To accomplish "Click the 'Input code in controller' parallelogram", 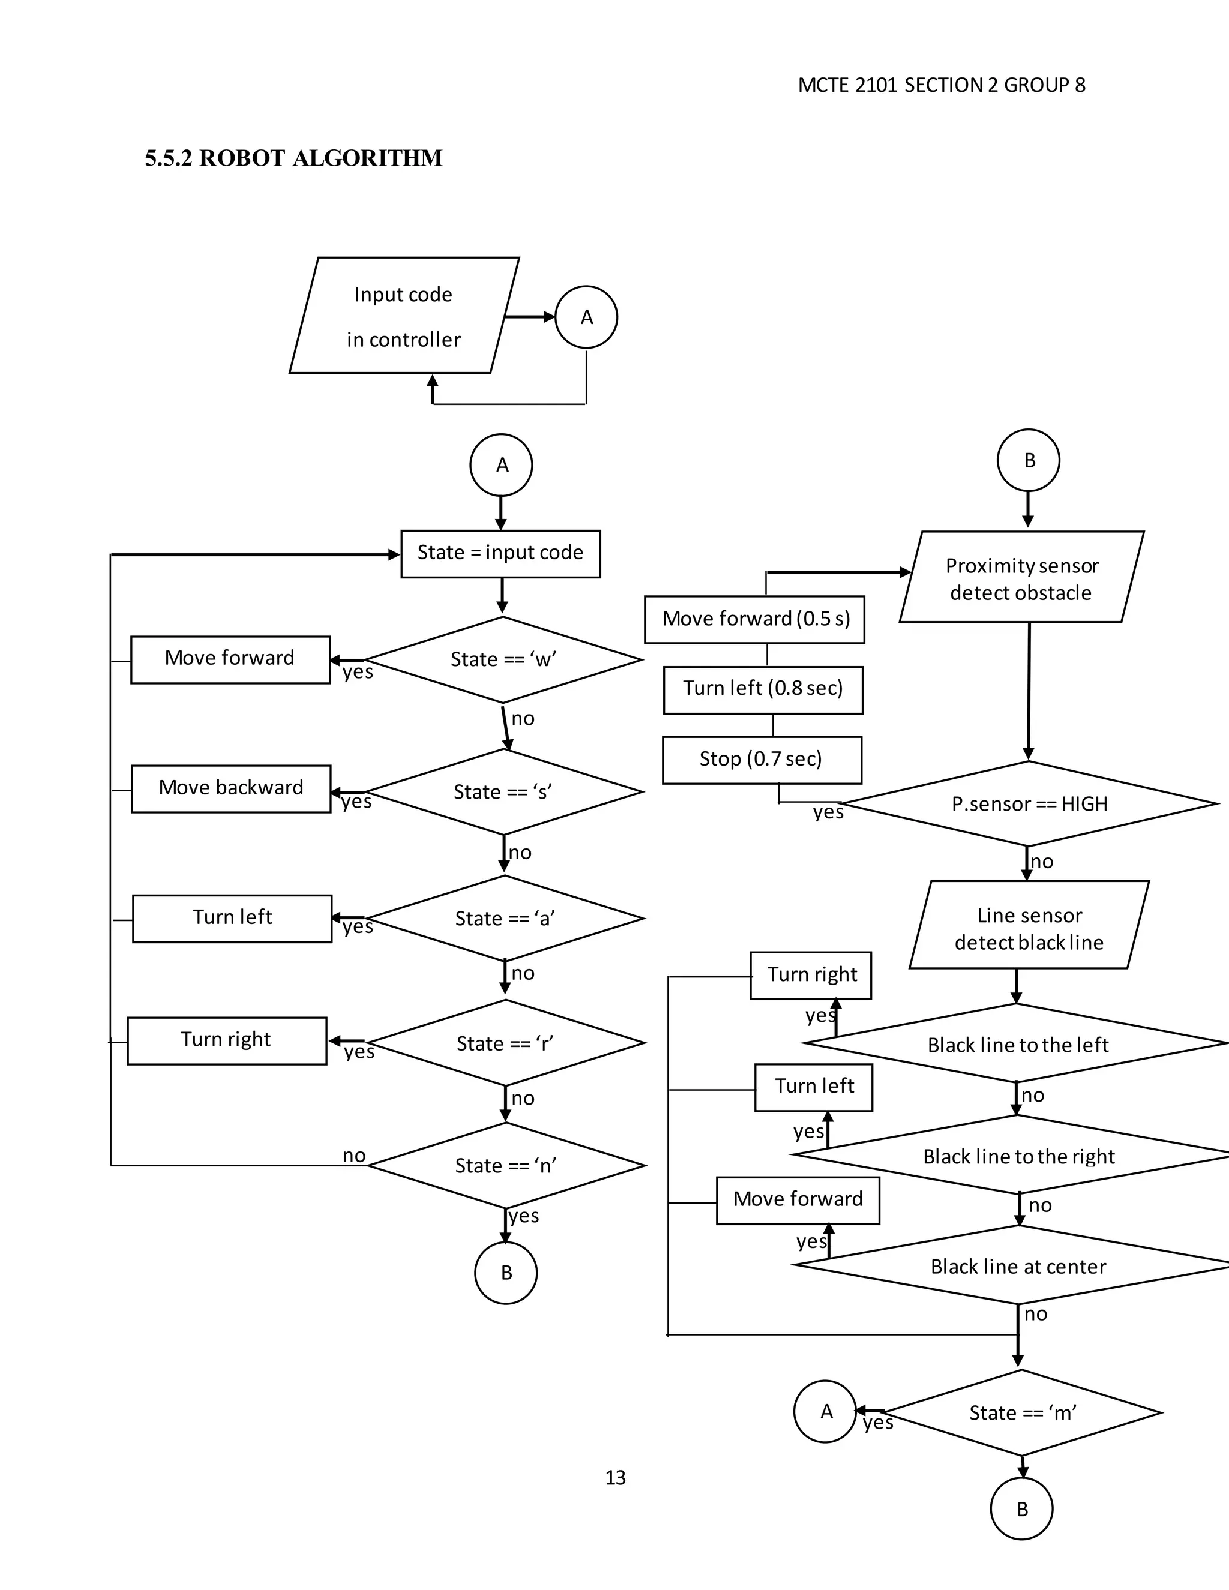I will (404, 316).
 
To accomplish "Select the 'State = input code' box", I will (500, 554).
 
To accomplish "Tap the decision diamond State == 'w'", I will (503, 659).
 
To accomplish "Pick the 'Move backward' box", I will (231, 788).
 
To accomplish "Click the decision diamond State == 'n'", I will (506, 1166).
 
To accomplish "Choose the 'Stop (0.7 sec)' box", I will (762, 760).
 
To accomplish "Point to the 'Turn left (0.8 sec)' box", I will (763, 689).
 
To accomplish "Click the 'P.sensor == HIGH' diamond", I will (1029, 804).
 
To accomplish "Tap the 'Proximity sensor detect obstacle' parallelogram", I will (1021, 578).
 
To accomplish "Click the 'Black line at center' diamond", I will (1018, 1267).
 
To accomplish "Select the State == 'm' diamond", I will (1022, 1413).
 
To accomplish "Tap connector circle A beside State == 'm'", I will (825, 1412).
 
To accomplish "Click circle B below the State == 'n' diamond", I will (506, 1273).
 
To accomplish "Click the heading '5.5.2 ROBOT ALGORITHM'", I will (293, 158).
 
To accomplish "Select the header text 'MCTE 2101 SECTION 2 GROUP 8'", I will (941, 85).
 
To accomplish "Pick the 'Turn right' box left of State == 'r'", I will (226, 1040).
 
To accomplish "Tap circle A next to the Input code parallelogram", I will (586, 317).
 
